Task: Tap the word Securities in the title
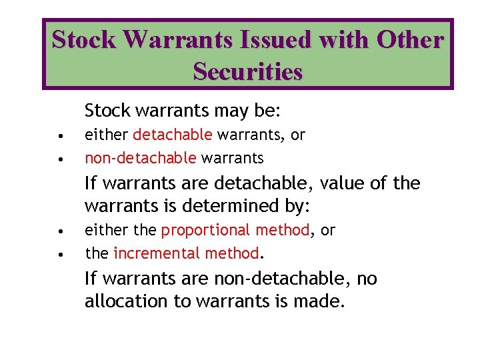point(247,71)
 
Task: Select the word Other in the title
point(409,41)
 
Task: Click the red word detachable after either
point(173,135)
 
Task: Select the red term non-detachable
point(141,158)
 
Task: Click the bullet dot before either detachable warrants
point(61,137)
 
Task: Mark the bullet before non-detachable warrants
point(61,160)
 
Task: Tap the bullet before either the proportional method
point(61,232)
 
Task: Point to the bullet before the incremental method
point(61,255)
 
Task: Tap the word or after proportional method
point(328,230)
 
